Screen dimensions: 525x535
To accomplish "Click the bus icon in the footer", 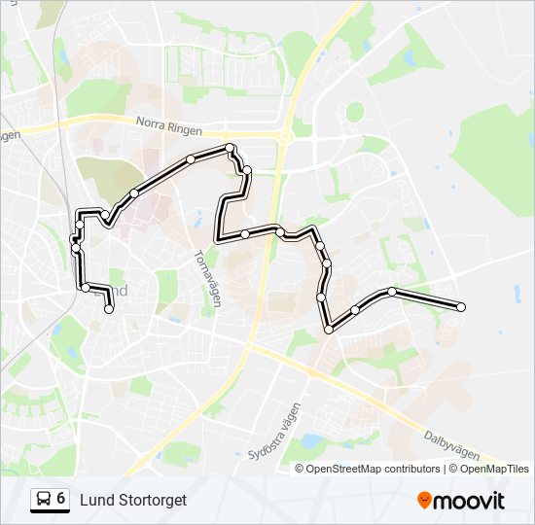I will click(44, 500).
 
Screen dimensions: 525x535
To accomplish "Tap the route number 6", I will click(61, 499).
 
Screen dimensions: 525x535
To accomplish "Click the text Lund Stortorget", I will click(133, 500).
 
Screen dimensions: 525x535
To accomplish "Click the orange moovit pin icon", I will click(425, 501).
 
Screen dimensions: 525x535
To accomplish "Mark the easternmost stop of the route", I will click(461, 307).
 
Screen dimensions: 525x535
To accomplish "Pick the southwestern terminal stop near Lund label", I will click(109, 309).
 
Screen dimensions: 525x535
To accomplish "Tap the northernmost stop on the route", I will click(231, 148).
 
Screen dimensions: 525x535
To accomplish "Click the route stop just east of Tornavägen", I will click(245, 234).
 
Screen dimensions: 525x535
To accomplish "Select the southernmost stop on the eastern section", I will click(329, 330).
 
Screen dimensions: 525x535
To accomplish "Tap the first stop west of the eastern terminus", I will click(392, 292).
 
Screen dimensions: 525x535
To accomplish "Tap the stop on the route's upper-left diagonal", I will click(134, 192).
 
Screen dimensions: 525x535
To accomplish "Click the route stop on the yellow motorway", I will click(280, 231).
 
